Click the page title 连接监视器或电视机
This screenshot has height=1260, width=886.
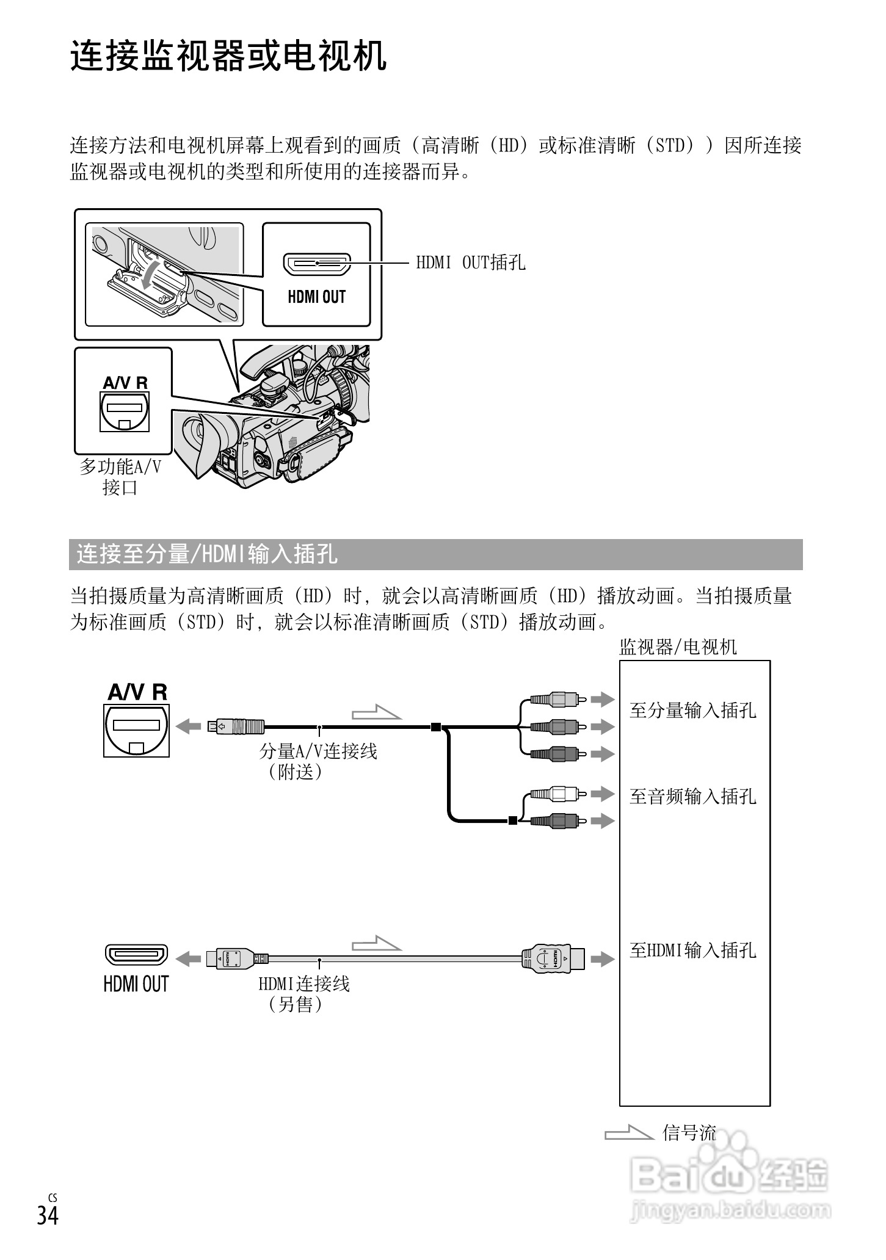[228, 57]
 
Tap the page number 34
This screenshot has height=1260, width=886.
[48, 1228]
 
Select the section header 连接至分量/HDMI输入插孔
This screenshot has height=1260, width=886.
[207, 554]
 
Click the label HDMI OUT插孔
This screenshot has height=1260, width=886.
[470, 262]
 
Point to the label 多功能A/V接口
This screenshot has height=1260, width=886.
[120, 477]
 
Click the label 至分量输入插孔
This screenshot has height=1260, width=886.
[692, 710]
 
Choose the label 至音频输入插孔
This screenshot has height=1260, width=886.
[692, 796]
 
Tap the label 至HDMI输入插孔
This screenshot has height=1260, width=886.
[692, 950]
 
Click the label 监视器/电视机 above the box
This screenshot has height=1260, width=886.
[678, 647]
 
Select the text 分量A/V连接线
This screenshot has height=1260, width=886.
[318, 751]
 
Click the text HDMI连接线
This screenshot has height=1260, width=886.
[304, 984]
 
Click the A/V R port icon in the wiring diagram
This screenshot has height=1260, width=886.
[136, 730]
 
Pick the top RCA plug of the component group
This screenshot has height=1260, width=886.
[555, 699]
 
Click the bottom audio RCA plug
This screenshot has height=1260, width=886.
[555, 821]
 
